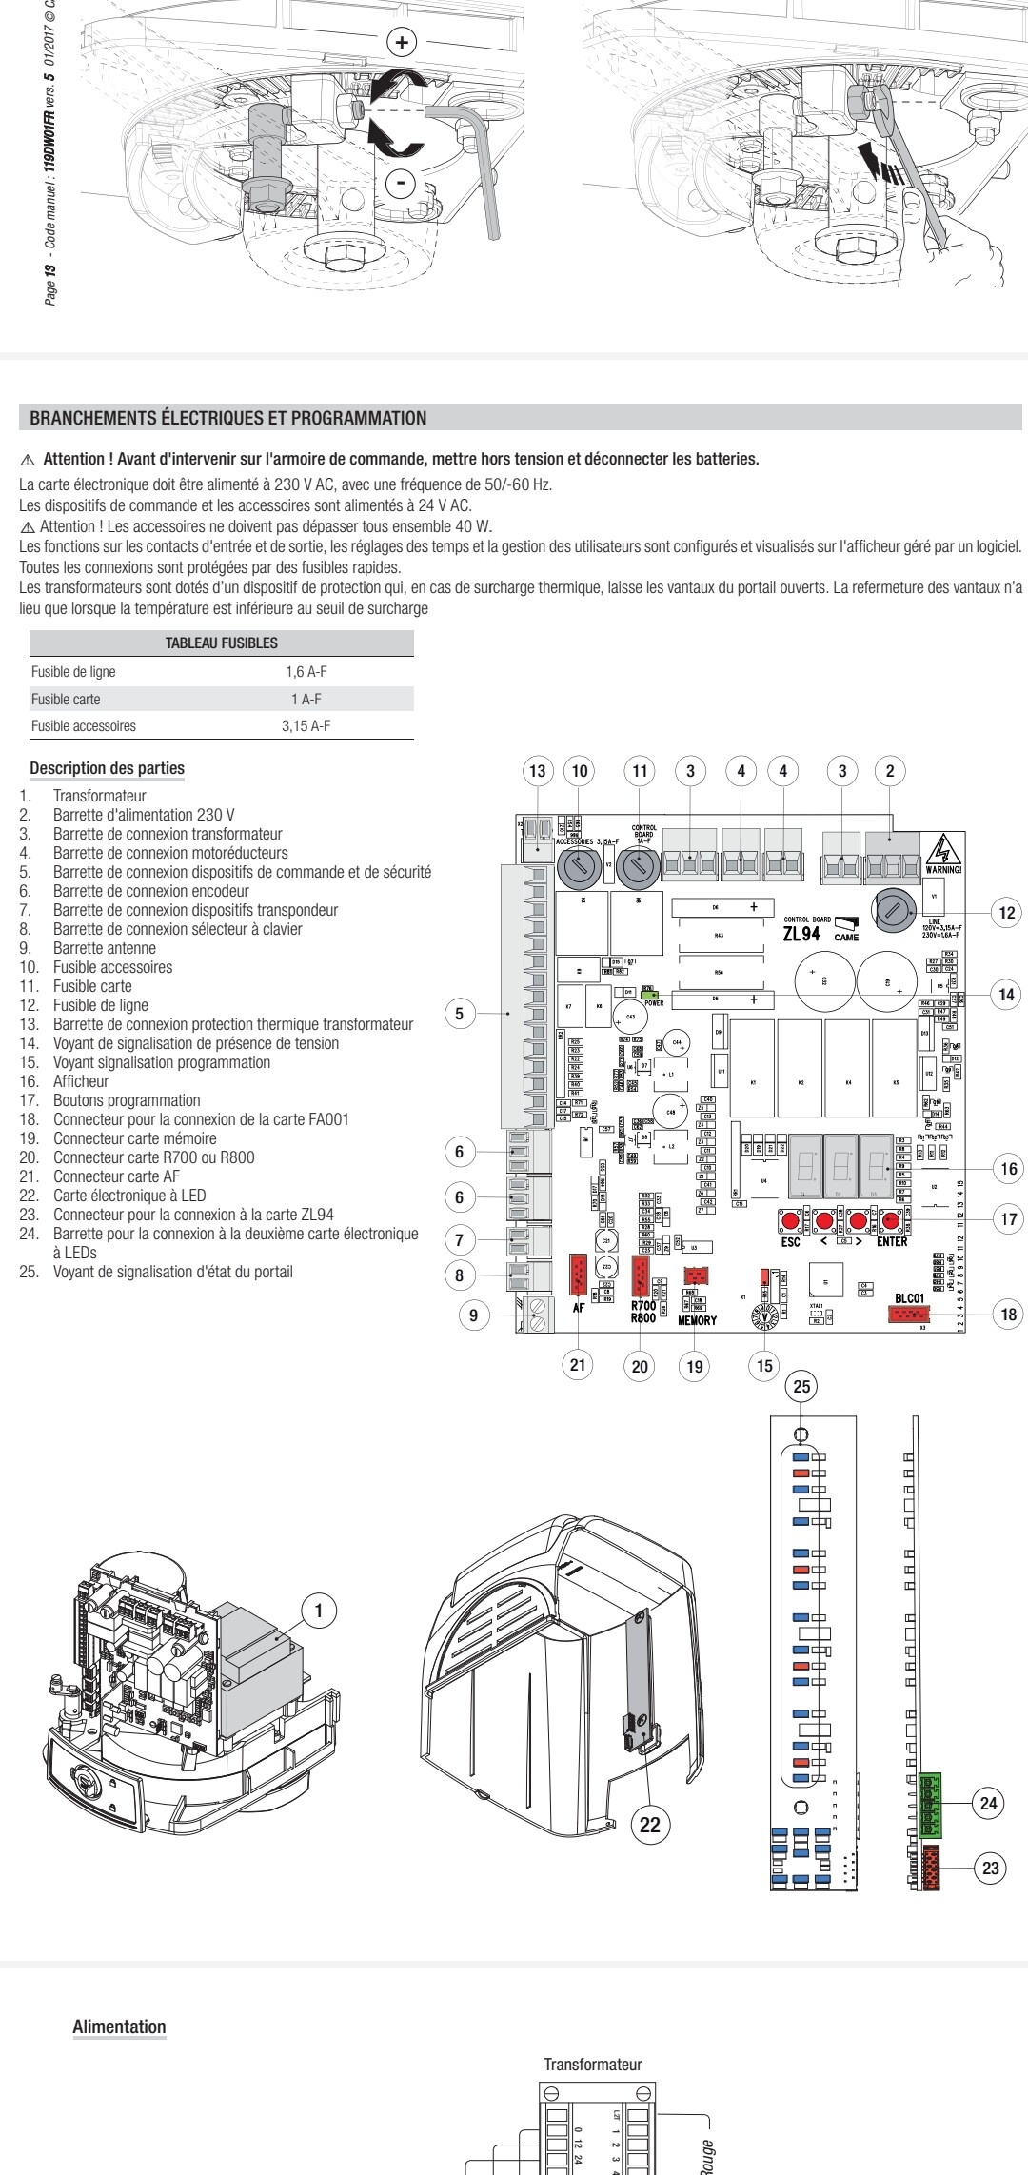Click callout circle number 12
pos(1005,913)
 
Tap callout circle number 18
pos(1005,1315)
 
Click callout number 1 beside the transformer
pos(320,1611)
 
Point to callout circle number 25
pos(802,1387)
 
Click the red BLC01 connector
pos(909,1315)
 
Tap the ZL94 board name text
pos(801,934)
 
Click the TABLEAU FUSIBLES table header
pos(222,643)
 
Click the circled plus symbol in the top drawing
pos(403,42)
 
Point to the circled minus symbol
pos(403,182)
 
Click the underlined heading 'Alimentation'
pos(119,2027)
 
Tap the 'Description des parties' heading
pos(108,768)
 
